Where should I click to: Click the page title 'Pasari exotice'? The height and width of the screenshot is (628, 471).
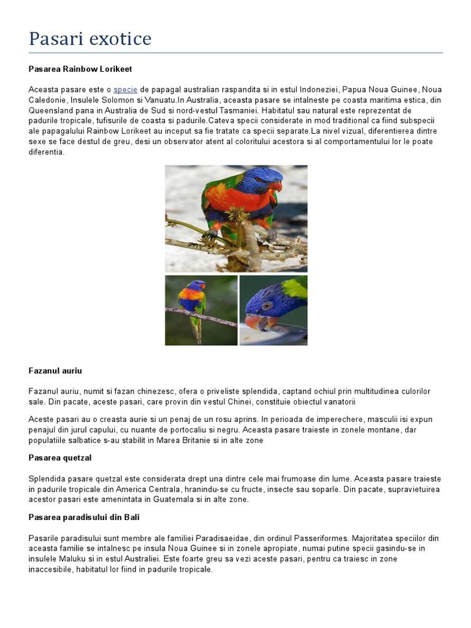coord(90,39)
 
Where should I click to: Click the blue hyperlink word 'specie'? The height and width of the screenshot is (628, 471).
coord(125,90)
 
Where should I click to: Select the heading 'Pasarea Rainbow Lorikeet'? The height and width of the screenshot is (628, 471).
coord(80,69)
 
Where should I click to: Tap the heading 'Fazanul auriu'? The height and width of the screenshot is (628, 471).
coord(55,371)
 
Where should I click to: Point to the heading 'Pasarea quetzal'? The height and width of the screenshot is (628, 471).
coord(60,458)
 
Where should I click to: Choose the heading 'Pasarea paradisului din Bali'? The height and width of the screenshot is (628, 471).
coord(84,517)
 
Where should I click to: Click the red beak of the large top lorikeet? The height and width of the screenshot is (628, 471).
coord(278,186)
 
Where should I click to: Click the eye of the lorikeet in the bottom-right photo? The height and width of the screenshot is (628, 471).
coord(267,305)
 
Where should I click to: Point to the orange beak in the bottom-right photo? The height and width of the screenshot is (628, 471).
coord(254,321)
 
